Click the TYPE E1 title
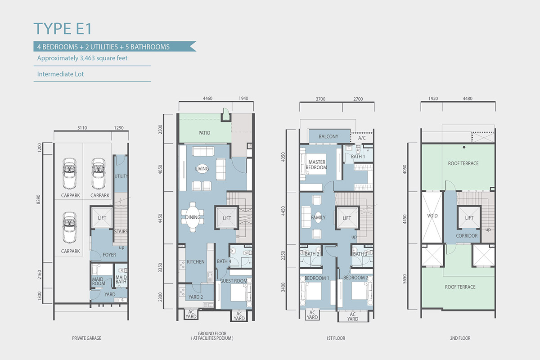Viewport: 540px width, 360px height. (x=63, y=29)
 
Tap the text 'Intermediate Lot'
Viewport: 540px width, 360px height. (x=60, y=74)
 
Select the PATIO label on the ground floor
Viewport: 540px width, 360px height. (x=204, y=133)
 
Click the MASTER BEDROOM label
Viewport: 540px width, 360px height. (x=316, y=165)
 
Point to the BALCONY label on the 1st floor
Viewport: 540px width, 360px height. (x=328, y=136)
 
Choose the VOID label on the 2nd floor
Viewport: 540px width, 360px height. (x=432, y=216)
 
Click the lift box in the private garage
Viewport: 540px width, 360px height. (x=102, y=218)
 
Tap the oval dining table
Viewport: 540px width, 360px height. (x=193, y=217)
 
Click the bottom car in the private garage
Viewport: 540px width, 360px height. (x=70, y=227)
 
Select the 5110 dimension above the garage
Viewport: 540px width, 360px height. (x=82, y=128)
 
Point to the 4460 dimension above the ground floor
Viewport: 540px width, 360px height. (x=207, y=99)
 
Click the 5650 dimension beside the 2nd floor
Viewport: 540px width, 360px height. (x=405, y=279)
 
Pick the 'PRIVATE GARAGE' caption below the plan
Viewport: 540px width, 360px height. (x=86, y=338)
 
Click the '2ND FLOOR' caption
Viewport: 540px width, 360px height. (x=460, y=338)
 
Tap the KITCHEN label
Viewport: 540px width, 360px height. (x=195, y=261)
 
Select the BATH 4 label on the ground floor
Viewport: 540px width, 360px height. (x=224, y=261)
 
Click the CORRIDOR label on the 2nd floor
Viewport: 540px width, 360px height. (x=467, y=236)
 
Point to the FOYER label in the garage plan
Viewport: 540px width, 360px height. (x=109, y=255)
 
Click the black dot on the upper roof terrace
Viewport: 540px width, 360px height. (x=464, y=147)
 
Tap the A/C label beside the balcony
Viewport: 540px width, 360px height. (x=362, y=138)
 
